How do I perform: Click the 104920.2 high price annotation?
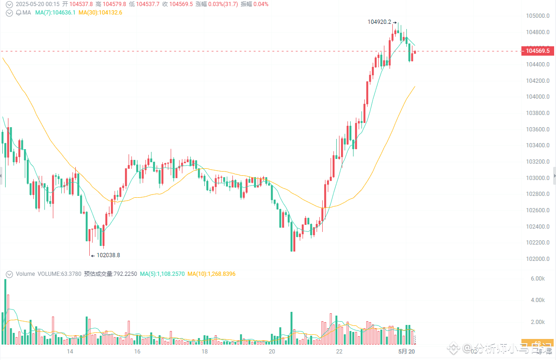[x=379, y=22]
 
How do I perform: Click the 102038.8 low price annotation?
[x=108, y=255]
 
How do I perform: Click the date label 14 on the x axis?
[x=70, y=351]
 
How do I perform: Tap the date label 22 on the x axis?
[x=339, y=351]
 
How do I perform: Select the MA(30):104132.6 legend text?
[x=100, y=13]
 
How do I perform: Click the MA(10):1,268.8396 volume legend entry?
[x=211, y=274]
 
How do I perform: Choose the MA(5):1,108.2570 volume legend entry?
[x=163, y=274]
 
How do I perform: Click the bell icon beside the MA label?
[x=18, y=13]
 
